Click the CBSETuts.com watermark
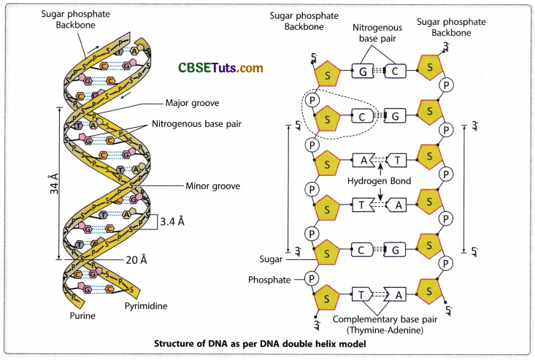click(x=220, y=68)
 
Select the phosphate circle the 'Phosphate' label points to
click(x=311, y=278)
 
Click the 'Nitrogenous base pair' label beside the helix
click(x=196, y=124)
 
